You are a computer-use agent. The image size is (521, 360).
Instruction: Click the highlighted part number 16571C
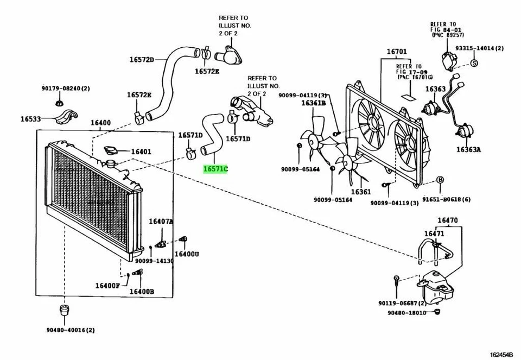coord(215,169)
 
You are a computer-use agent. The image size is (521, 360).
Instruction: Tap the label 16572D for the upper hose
coord(142,60)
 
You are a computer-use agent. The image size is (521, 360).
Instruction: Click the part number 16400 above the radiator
coord(100,123)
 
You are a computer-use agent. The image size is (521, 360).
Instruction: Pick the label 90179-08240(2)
coord(66,88)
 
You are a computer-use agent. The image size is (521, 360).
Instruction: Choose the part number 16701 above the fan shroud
coord(396,52)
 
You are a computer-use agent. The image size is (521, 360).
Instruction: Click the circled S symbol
coord(473,64)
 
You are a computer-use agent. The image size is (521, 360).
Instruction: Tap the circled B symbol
coord(440,180)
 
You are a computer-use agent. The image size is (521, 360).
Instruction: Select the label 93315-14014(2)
coord(479,48)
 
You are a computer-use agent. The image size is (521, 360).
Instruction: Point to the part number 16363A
coord(468,149)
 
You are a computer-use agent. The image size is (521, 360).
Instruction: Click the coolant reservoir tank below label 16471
coord(437,285)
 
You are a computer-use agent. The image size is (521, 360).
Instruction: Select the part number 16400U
coord(187,254)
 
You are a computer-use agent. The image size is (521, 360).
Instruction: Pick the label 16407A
coord(161,222)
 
